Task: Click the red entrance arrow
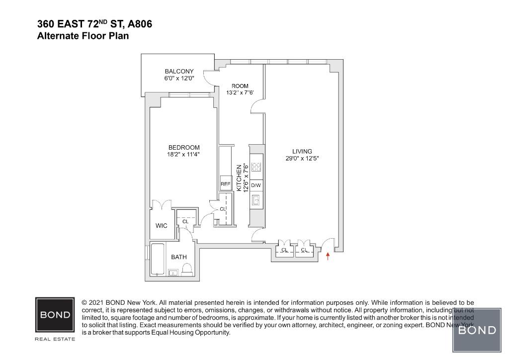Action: pyautogui.click(x=328, y=257)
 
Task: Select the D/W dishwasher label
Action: pyautogui.click(x=256, y=185)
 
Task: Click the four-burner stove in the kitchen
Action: pyautogui.click(x=256, y=167)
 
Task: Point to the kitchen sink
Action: pyautogui.click(x=256, y=200)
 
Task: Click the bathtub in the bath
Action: pyautogui.click(x=159, y=259)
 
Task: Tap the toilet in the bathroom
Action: pyautogui.click(x=187, y=269)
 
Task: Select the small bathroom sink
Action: pyautogui.click(x=173, y=272)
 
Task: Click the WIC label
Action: pyautogui.click(x=162, y=226)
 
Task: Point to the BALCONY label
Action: pyautogui.click(x=179, y=72)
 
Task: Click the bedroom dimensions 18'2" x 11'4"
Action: pyautogui.click(x=184, y=154)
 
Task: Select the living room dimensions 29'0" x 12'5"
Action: pyautogui.click(x=302, y=159)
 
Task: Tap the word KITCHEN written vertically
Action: pyautogui.click(x=239, y=178)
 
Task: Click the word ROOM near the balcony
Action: pyautogui.click(x=240, y=86)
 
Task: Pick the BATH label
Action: pyautogui.click(x=179, y=257)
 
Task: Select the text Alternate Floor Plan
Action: pyautogui.click(x=83, y=36)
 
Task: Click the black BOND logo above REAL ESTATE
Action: pyautogui.click(x=55, y=315)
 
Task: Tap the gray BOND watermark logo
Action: pyautogui.click(x=477, y=330)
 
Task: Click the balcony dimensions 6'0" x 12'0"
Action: pyautogui.click(x=179, y=79)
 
